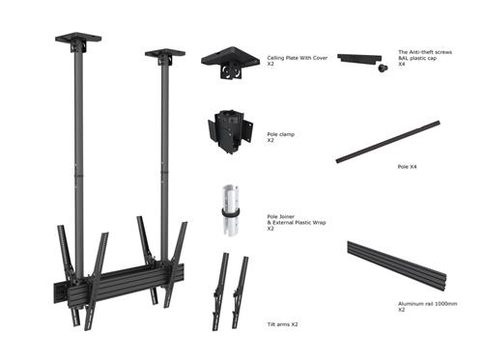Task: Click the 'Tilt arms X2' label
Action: (282, 324)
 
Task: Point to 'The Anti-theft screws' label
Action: (425, 51)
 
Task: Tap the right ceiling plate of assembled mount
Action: (164, 54)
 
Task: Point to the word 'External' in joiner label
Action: (285, 223)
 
